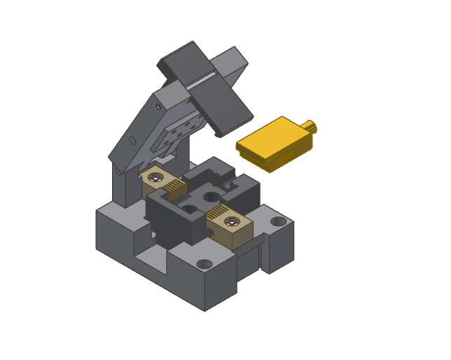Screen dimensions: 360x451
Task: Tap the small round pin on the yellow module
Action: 311,127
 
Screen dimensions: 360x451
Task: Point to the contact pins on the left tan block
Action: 174,186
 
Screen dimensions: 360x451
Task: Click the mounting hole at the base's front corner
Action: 204,265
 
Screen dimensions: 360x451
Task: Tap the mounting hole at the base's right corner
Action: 279,222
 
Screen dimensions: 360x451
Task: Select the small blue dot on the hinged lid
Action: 158,107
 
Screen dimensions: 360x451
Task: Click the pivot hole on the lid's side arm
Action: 133,141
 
